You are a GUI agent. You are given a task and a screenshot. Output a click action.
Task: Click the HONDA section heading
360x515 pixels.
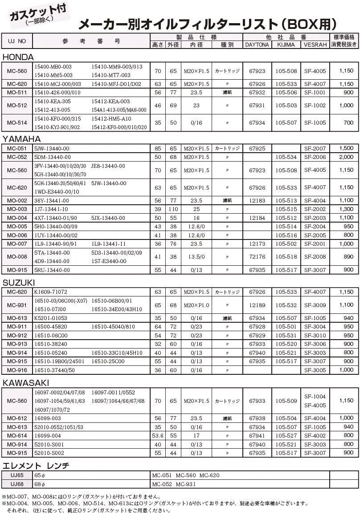(18, 57)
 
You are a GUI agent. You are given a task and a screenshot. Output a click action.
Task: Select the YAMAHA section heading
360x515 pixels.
(22, 139)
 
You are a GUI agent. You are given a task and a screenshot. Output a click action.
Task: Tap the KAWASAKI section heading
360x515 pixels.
(26, 383)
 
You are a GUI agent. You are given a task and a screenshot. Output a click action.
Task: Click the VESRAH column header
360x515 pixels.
(315, 45)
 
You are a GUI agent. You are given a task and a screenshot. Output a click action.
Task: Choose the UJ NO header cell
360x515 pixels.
(17, 41)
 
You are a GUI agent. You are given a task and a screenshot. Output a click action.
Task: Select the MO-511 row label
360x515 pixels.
(17, 93)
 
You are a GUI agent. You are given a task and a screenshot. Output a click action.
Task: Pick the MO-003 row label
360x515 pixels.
(17, 209)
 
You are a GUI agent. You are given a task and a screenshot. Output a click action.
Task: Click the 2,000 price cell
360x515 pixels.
(346, 157)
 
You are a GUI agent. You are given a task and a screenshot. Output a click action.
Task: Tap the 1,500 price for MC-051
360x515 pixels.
(346, 148)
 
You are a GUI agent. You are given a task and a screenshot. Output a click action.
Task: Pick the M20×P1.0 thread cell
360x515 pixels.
(196, 305)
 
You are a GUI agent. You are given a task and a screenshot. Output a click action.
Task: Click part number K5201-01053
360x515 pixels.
(51, 318)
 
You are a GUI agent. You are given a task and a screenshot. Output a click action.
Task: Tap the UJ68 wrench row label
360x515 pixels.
(17, 484)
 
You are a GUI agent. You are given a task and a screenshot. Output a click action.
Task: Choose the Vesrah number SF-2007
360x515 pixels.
(315, 148)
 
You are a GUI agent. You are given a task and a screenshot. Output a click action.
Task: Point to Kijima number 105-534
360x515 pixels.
(286, 157)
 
